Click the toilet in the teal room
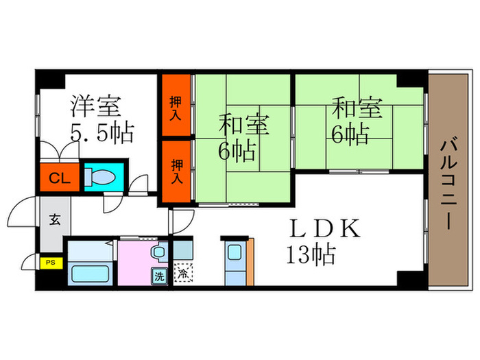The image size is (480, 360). [104, 177]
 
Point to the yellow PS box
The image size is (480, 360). [49, 262]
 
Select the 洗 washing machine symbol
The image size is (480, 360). [158, 278]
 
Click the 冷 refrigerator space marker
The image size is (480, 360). [182, 273]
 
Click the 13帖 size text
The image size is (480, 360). [310, 256]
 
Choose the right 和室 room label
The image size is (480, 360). [357, 108]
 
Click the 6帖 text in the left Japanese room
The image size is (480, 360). [237, 149]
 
